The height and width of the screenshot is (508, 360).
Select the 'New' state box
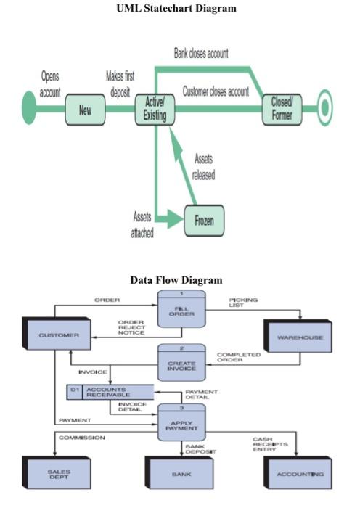coord(86,110)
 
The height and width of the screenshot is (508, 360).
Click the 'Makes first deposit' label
coord(120,84)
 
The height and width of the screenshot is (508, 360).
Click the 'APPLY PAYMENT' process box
coord(182,422)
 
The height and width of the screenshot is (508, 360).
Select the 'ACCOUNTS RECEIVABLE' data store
coord(109,392)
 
